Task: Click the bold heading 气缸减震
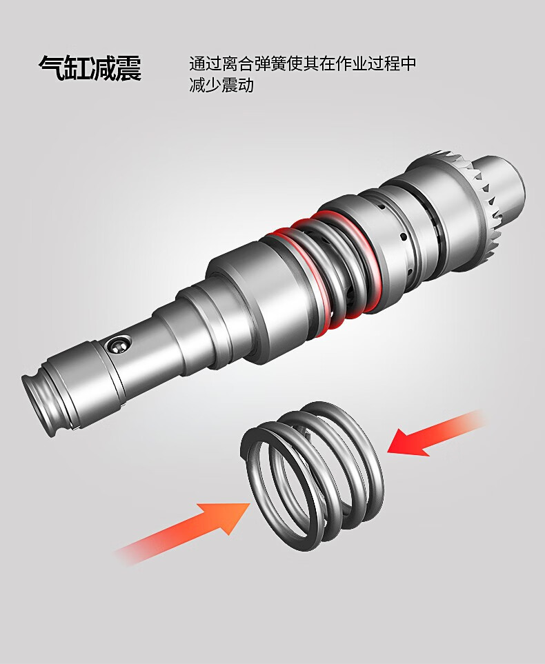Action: click(x=90, y=68)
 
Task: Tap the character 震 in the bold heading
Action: click(x=128, y=68)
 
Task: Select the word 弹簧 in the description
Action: click(x=277, y=64)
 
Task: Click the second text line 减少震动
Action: click(x=221, y=85)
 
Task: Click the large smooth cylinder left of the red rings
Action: click(x=250, y=296)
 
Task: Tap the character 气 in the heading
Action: click(x=51, y=68)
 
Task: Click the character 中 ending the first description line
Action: click(x=407, y=64)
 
